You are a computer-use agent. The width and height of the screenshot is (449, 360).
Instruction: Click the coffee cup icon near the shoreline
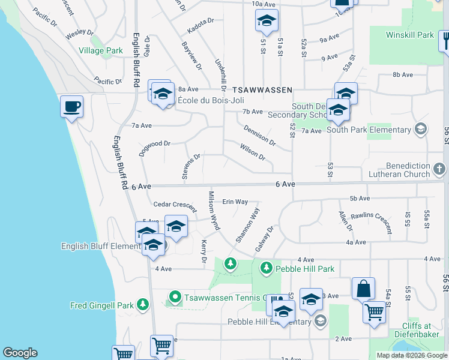[71, 107]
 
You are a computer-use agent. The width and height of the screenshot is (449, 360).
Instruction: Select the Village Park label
[101, 51]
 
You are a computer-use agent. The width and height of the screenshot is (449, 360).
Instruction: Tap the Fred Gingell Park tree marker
[142, 305]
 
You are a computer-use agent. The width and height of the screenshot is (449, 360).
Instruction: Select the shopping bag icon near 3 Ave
[363, 289]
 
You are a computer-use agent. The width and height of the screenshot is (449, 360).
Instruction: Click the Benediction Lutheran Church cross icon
[440, 170]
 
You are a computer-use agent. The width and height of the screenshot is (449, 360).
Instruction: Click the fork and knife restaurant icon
[445, 41]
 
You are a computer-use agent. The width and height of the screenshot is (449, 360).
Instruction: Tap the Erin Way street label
[235, 202]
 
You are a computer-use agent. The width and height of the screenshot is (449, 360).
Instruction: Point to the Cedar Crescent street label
[174, 205]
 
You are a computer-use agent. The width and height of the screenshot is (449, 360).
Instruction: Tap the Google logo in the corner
[20, 353]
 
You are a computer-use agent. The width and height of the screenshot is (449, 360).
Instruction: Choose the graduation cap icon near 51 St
[265, 22]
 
